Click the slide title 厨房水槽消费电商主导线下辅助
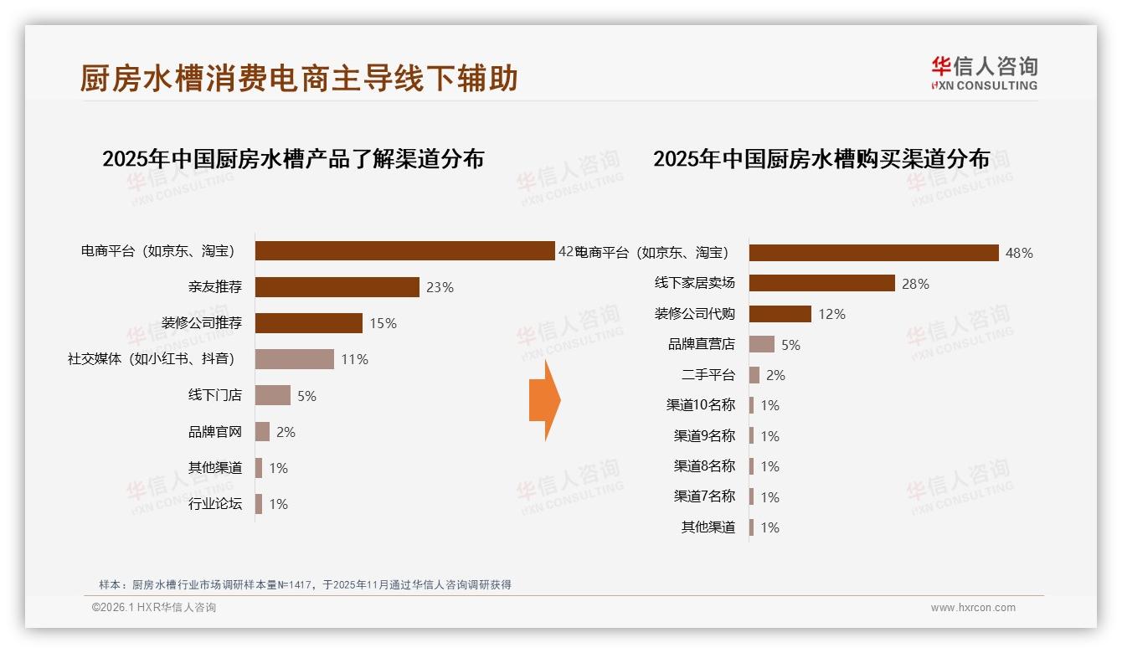point(299,79)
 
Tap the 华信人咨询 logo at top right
point(984,73)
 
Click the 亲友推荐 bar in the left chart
point(337,287)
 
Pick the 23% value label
point(440,287)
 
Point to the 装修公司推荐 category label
point(202,323)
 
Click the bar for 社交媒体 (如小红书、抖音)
point(294,359)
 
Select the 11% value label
point(354,359)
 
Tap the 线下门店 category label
point(215,395)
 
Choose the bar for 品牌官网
point(262,432)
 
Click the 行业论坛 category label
point(215,504)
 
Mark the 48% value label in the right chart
point(1019,253)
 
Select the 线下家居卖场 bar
point(821,283)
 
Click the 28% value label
point(915,284)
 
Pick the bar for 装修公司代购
point(780,314)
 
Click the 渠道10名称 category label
point(700,405)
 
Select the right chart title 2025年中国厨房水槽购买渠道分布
point(821,159)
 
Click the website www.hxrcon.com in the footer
point(973,608)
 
